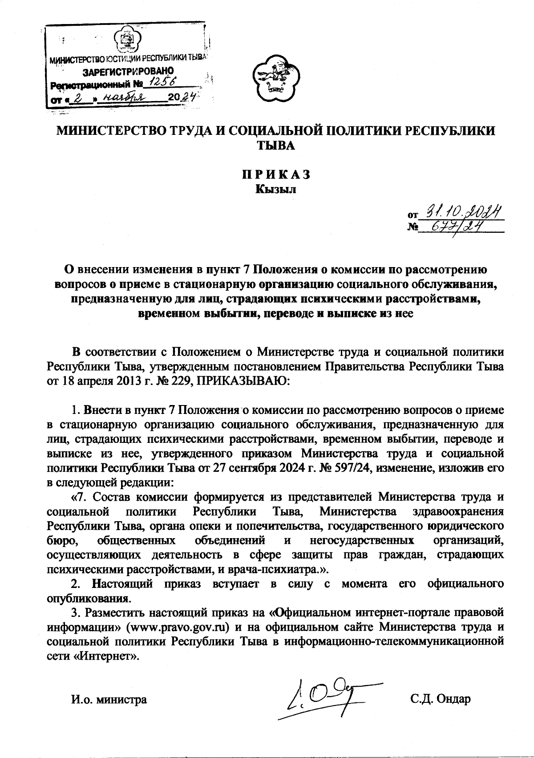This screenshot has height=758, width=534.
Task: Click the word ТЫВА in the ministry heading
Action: pos(276,145)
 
